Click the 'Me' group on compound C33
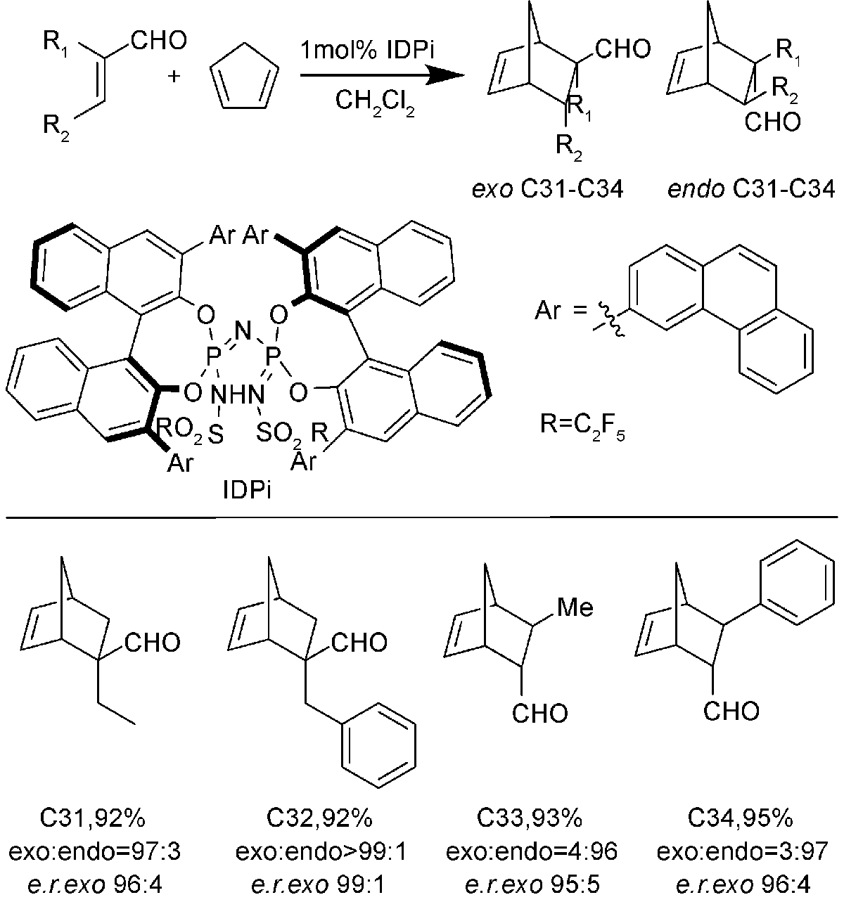(x=575, y=607)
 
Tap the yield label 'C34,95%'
(x=741, y=818)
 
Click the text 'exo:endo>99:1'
(x=321, y=851)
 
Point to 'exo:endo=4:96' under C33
(x=532, y=851)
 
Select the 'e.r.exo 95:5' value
(x=532, y=883)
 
